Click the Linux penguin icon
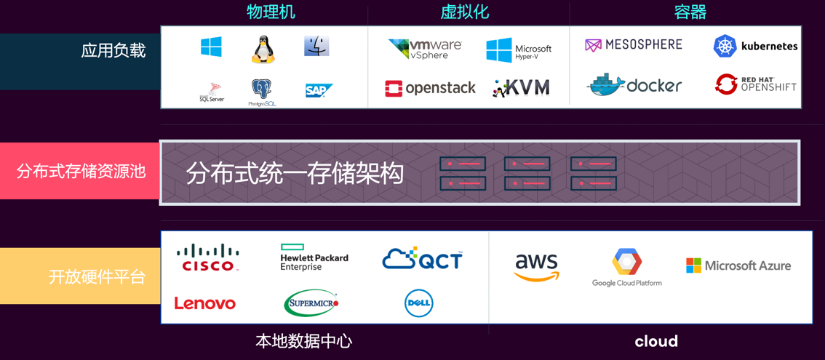263,49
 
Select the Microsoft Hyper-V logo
519,50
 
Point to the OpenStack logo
430,88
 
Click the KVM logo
521,88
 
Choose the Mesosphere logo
634,45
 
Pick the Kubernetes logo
755,46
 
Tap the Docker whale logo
634,85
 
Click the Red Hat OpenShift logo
756,84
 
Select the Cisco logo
208,257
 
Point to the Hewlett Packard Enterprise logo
314,257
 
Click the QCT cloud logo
422,258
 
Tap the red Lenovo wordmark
204,303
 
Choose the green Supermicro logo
311,303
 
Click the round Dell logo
419,303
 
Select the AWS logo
536,267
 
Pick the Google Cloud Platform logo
626,267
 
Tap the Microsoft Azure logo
738,265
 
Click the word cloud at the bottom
656,341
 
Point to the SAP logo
319,90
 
